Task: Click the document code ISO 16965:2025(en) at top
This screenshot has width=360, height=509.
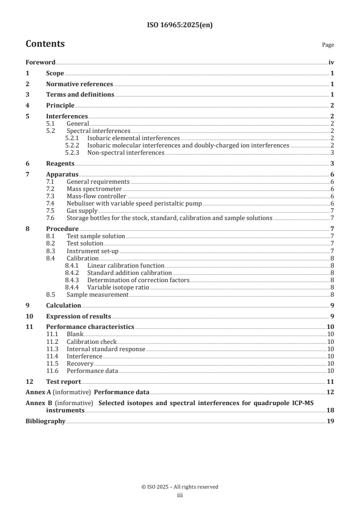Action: pos(180,25)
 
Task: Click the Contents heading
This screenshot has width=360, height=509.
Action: pos(45,44)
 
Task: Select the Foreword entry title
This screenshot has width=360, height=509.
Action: pos(40,63)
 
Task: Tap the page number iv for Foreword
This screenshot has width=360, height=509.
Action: pos(331,63)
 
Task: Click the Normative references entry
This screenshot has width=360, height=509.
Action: pos(79,84)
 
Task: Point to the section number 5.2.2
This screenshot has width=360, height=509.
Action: pos(73,145)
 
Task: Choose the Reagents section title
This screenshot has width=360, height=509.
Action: pos(60,163)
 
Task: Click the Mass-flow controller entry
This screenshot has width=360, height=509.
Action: pos(96,196)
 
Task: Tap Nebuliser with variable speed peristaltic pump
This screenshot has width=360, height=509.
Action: pos(134,203)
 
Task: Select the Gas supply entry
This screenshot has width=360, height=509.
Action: pos(82,210)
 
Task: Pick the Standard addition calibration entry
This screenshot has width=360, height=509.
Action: pos(129,273)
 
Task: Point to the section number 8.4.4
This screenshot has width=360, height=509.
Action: pos(73,287)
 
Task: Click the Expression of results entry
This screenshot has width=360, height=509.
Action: pos(79,316)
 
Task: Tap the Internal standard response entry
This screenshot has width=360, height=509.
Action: pos(106,349)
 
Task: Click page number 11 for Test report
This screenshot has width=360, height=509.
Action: pos(330,382)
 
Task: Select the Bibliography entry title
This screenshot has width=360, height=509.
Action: pos(45,421)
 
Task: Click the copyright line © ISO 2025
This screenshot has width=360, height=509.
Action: pos(180,487)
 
